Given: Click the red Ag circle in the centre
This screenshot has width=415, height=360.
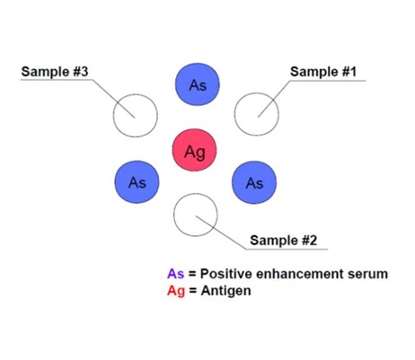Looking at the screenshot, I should tap(195, 150).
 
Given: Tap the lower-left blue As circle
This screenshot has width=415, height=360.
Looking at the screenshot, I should tap(137, 182).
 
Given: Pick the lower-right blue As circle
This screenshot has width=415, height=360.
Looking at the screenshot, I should tap(254, 182).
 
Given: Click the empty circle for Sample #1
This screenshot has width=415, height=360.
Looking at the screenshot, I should tap(256, 112).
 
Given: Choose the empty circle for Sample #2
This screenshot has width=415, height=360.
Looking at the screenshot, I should tap(194, 215).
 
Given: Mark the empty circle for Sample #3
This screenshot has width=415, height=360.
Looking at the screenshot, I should tap(135, 112).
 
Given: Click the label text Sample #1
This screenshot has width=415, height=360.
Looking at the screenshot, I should tap(324, 71).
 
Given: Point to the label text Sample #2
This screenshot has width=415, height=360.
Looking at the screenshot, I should tap(283, 240).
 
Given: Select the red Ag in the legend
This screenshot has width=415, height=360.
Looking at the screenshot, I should tap(175, 291).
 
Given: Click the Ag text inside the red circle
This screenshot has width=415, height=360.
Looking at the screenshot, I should tap(195, 151).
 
